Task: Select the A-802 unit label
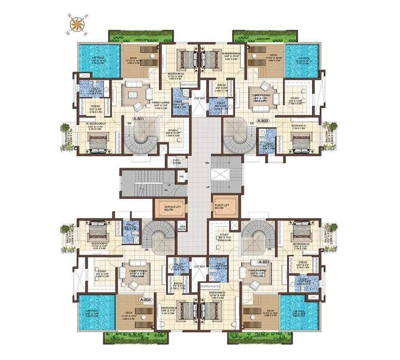click(263, 120)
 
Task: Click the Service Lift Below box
click(170, 208)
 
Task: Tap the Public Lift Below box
click(226, 206)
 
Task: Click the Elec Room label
click(177, 161)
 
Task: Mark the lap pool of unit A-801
click(94, 59)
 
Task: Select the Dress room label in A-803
click(302, 263)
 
